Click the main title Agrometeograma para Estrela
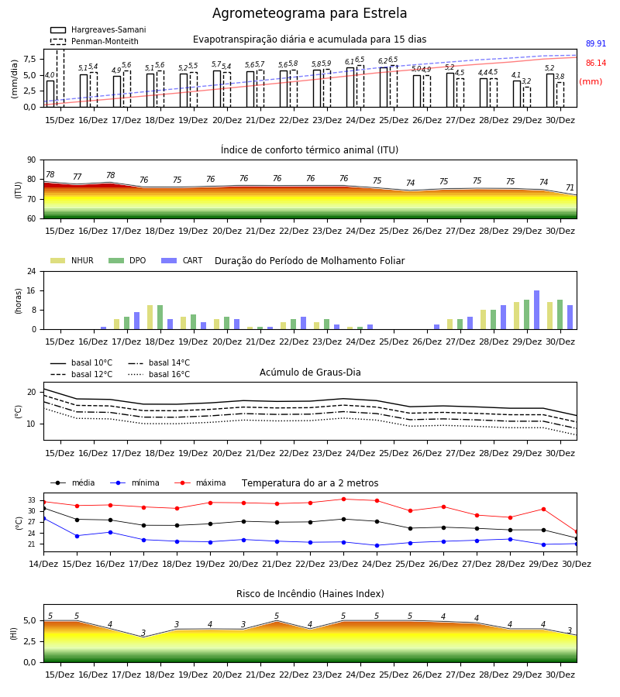point(309,13)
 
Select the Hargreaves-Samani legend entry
point(98,29)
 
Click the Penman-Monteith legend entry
point(95,41)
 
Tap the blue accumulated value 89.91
point(595,43)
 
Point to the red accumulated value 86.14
point(595,64)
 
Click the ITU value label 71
point(570,187)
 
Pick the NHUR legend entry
point(72,260)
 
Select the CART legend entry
point(182,260)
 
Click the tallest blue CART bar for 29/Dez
point(537,310)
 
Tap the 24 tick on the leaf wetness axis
point(31,272)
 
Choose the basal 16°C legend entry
point(159,374)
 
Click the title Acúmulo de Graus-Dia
point(310,373)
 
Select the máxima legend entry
point(201,482)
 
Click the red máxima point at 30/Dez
point(577,531)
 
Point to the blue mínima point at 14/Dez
point(43,518)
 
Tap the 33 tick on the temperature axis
point(32,500)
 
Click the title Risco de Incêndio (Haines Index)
point(310,594)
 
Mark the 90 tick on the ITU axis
point(31,160)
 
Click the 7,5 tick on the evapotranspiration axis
point(29,59)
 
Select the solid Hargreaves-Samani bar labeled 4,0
point(50,94)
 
